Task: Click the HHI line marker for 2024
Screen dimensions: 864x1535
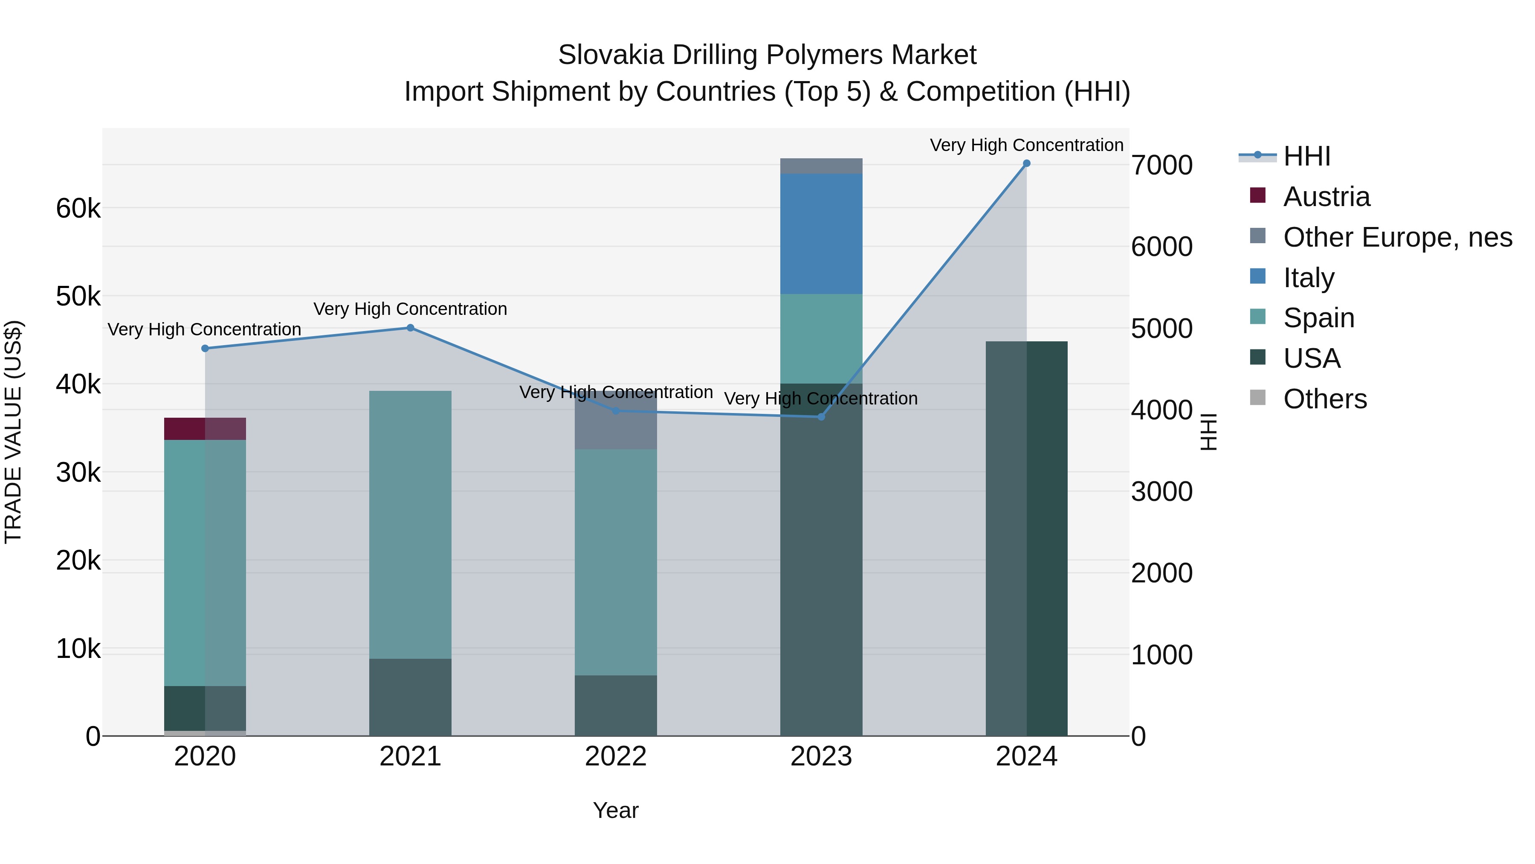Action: pos(1026,163)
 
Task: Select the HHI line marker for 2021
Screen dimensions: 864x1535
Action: pos(410,328)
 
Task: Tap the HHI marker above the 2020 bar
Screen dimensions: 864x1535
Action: pos(205,348)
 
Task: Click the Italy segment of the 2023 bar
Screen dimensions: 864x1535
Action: pos(821,234)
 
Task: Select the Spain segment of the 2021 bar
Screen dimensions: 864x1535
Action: pos(410,525)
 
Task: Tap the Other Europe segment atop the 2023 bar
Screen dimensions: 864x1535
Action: pos(821,166)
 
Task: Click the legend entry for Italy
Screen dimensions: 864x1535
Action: pos(1309,278)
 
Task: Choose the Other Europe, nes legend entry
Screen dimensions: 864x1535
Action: pos(1397,237)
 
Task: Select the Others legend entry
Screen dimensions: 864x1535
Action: pos(1325,399)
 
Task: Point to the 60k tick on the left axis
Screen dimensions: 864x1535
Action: pos(78,209)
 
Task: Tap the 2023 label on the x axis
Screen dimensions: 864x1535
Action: pos(821,756)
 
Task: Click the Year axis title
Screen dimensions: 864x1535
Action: pos(616,810)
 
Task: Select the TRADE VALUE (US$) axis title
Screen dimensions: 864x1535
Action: pos(13,432)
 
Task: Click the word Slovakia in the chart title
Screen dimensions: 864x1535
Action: pos(610,55)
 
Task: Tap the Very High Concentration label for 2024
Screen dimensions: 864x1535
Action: pos(1026,145)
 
